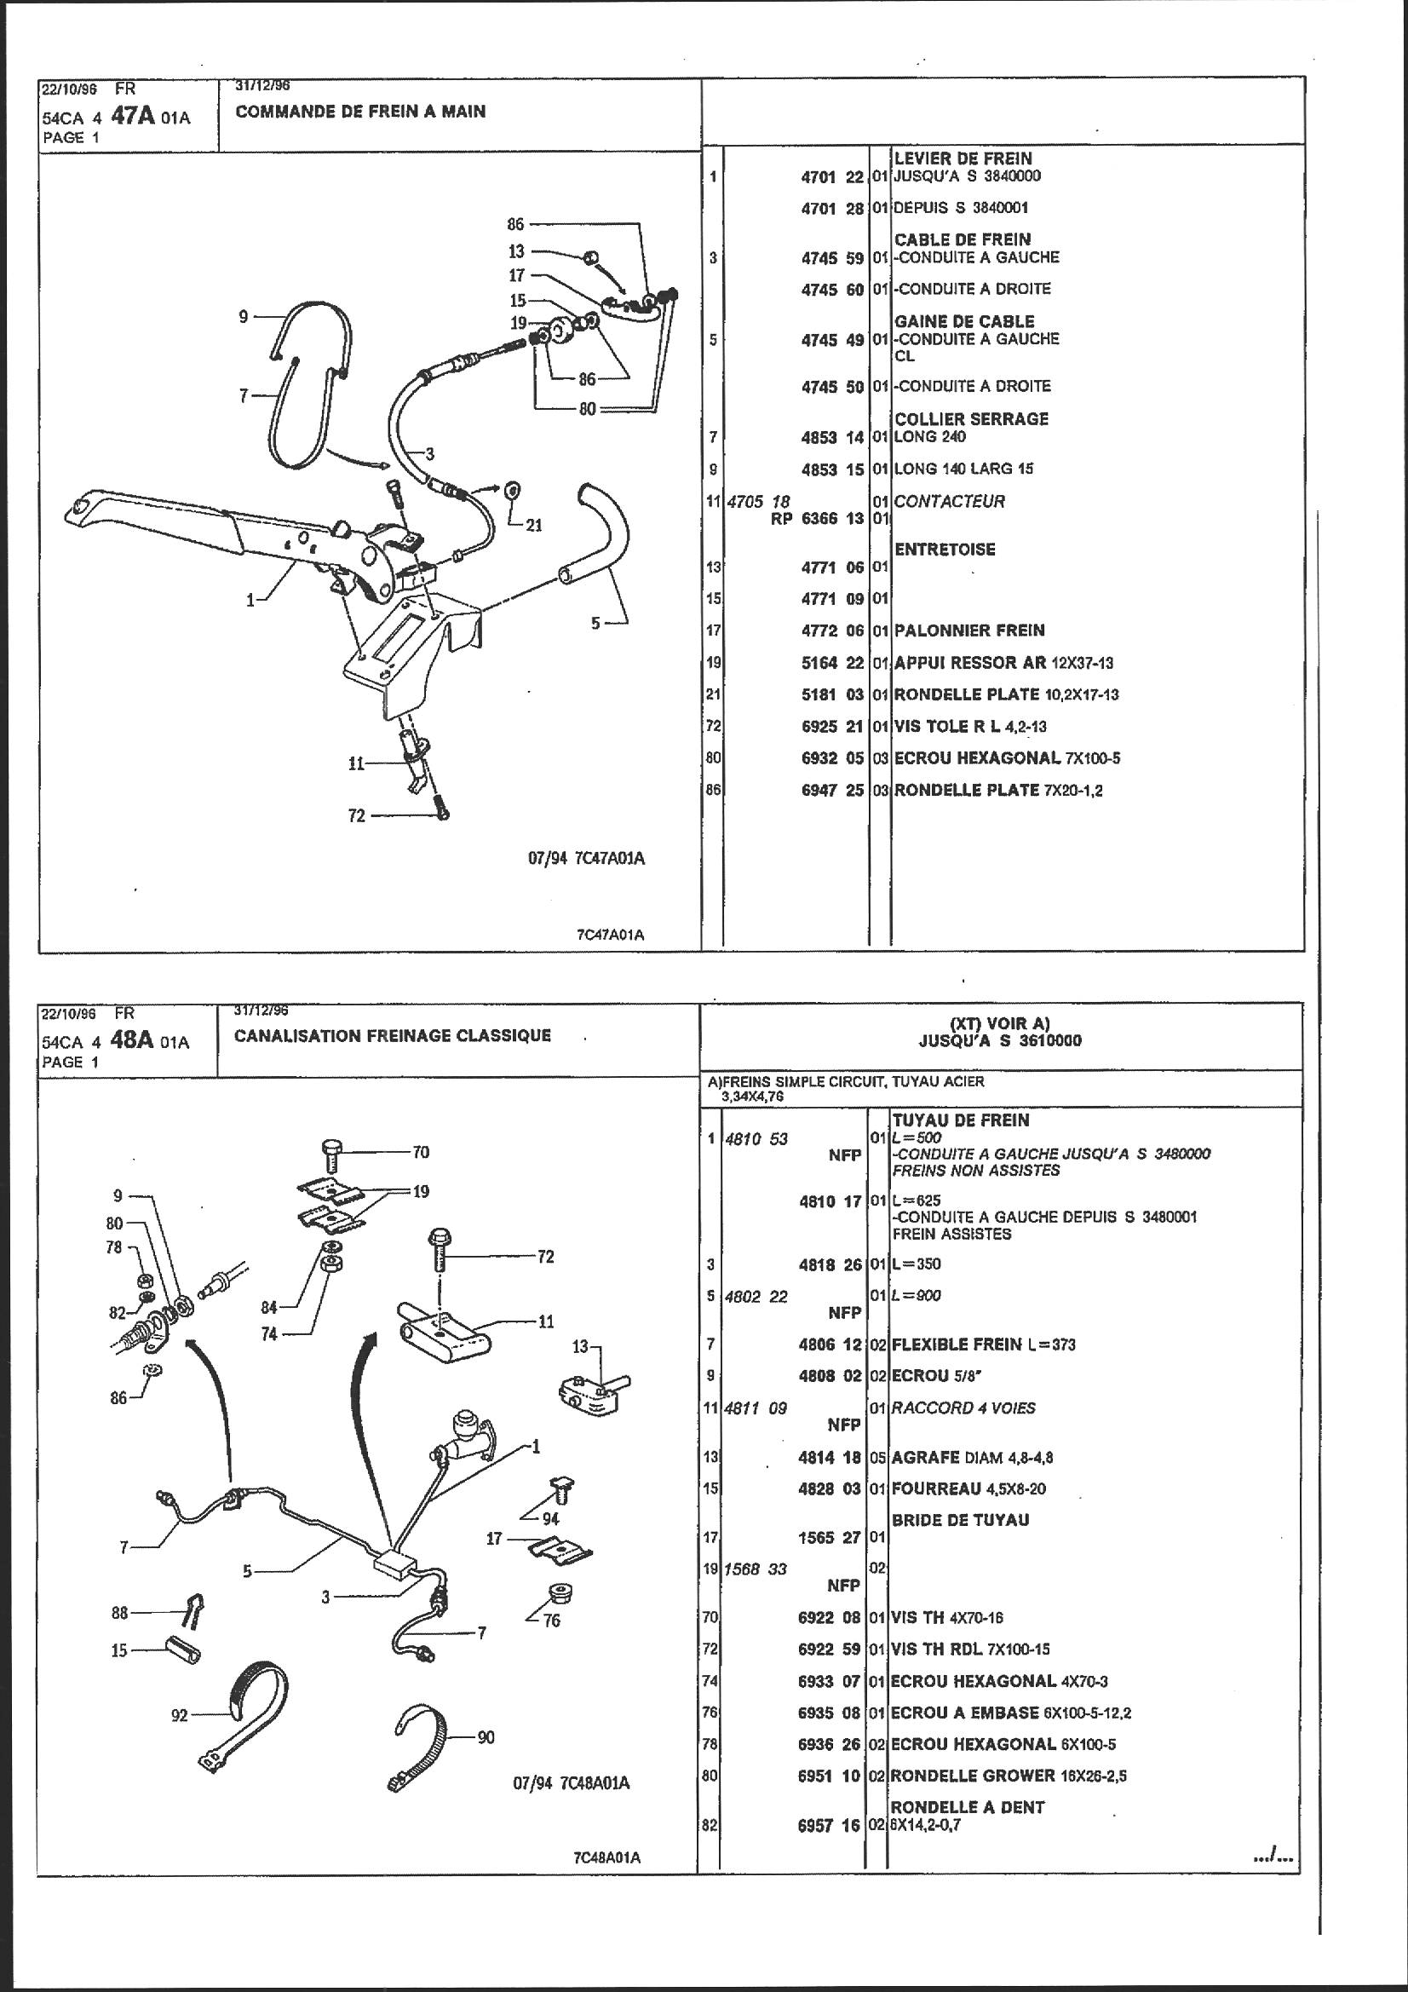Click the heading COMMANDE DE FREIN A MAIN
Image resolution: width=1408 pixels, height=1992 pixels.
point(360,112)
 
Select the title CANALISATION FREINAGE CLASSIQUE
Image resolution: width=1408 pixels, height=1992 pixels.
point(392,1035)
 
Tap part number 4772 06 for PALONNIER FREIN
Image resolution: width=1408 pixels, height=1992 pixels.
point(832,630)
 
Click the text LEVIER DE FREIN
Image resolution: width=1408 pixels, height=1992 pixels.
point(963,158)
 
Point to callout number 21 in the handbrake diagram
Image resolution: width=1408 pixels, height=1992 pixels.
point(533,525)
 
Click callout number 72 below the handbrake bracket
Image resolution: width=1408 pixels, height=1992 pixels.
point(357,815)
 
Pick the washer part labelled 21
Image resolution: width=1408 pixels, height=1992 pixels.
point(512,491)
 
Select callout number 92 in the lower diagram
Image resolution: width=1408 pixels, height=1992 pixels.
point(179,1715)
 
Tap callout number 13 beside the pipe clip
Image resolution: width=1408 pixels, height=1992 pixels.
point(580,1346)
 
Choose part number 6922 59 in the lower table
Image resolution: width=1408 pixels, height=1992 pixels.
point(830,1649)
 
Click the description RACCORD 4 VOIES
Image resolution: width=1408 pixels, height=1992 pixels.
point(963,1408)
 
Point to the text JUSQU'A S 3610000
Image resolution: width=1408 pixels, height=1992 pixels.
point(999,1041)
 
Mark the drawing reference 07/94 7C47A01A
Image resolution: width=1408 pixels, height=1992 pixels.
point(586,859)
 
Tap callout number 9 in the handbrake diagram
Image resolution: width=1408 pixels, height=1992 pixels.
point(244,318)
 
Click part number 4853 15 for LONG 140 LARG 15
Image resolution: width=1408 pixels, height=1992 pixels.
point(832,469)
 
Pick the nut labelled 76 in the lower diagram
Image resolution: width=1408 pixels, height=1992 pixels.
point(553,1594)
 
